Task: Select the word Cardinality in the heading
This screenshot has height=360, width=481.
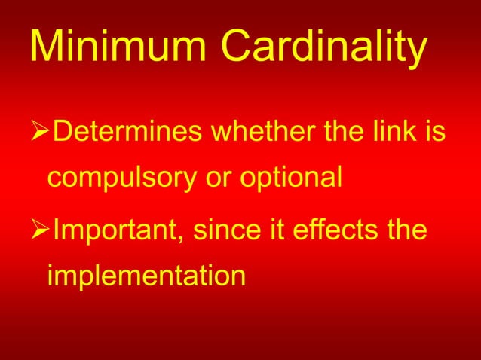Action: [324, 49]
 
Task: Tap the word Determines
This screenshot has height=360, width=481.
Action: [127, 136]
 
